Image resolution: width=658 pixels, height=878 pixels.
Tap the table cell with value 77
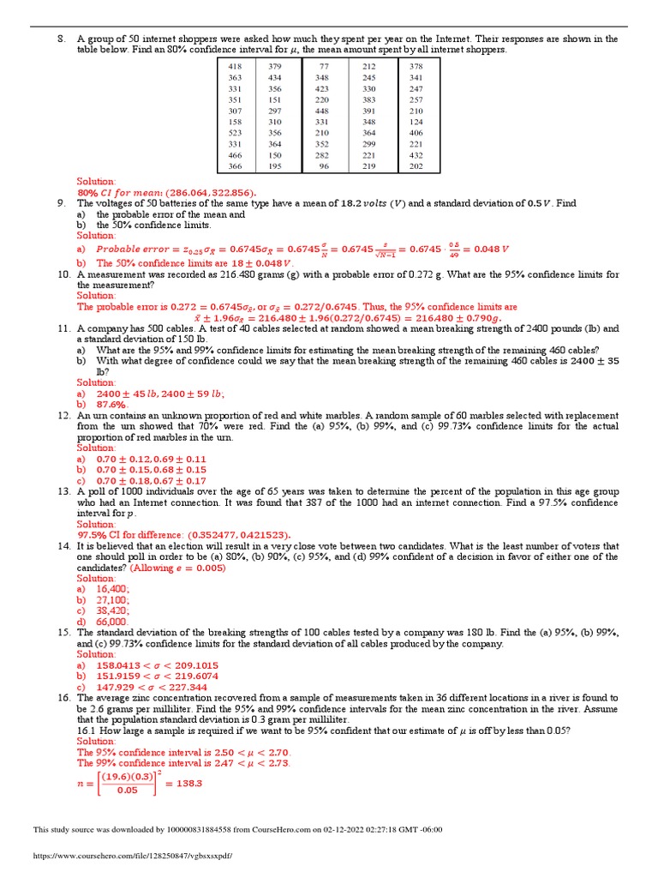tap(324, 66)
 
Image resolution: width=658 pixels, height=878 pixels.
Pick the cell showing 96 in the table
tap(324, 166)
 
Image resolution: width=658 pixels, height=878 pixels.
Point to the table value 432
tap(416, 155)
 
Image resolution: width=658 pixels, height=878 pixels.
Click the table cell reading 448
tap(321, 111)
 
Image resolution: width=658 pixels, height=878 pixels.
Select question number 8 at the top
tap(61, 39)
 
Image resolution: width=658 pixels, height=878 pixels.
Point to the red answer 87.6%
tap(111, 404)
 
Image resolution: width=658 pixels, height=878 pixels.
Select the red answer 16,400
tap(113, 589)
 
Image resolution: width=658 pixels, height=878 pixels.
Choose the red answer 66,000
tap(112, 622)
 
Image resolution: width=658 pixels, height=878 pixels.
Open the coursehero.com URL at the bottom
tap(132, 856)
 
